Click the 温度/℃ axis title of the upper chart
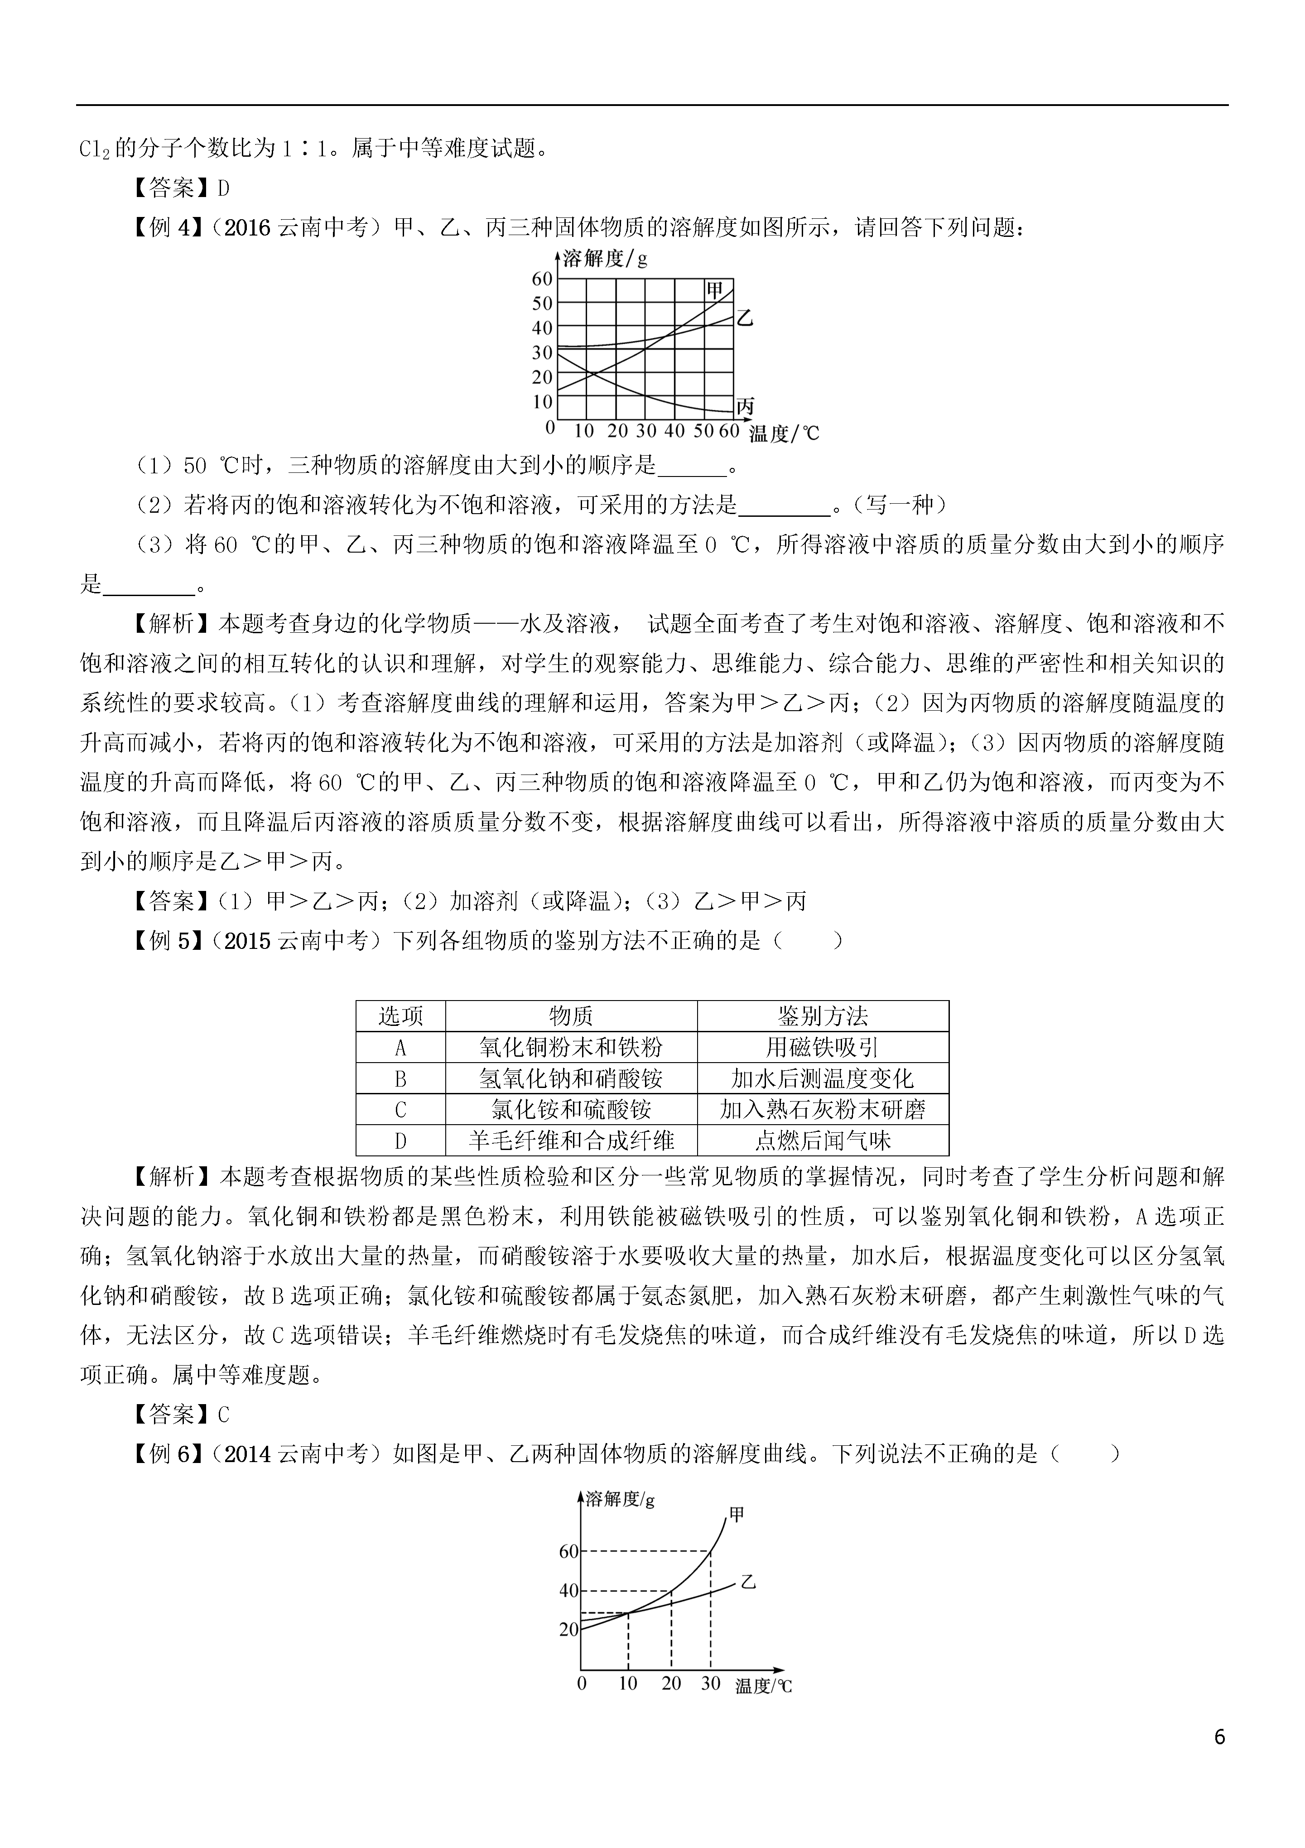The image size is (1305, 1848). click(x=784, y=434)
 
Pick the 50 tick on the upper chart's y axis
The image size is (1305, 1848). click(x=543, y=303)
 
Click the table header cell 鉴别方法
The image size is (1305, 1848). click(x=823, y=1016)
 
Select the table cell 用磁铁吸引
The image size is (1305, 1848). click(x=823, y=1047)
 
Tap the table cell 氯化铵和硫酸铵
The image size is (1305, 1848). click(x=571, y=1110)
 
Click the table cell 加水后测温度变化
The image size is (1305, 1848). click(x=823, y=1078)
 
